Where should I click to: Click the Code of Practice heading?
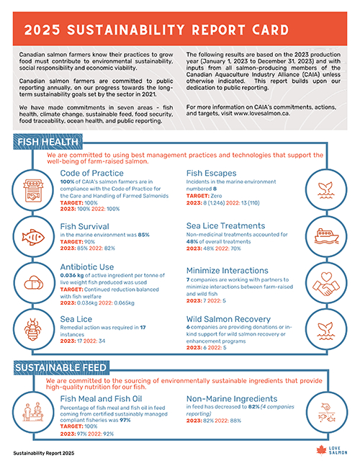pyautogui.click(x=92, y=174)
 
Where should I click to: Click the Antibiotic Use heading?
pyautogui.click(x=87, y=266)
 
